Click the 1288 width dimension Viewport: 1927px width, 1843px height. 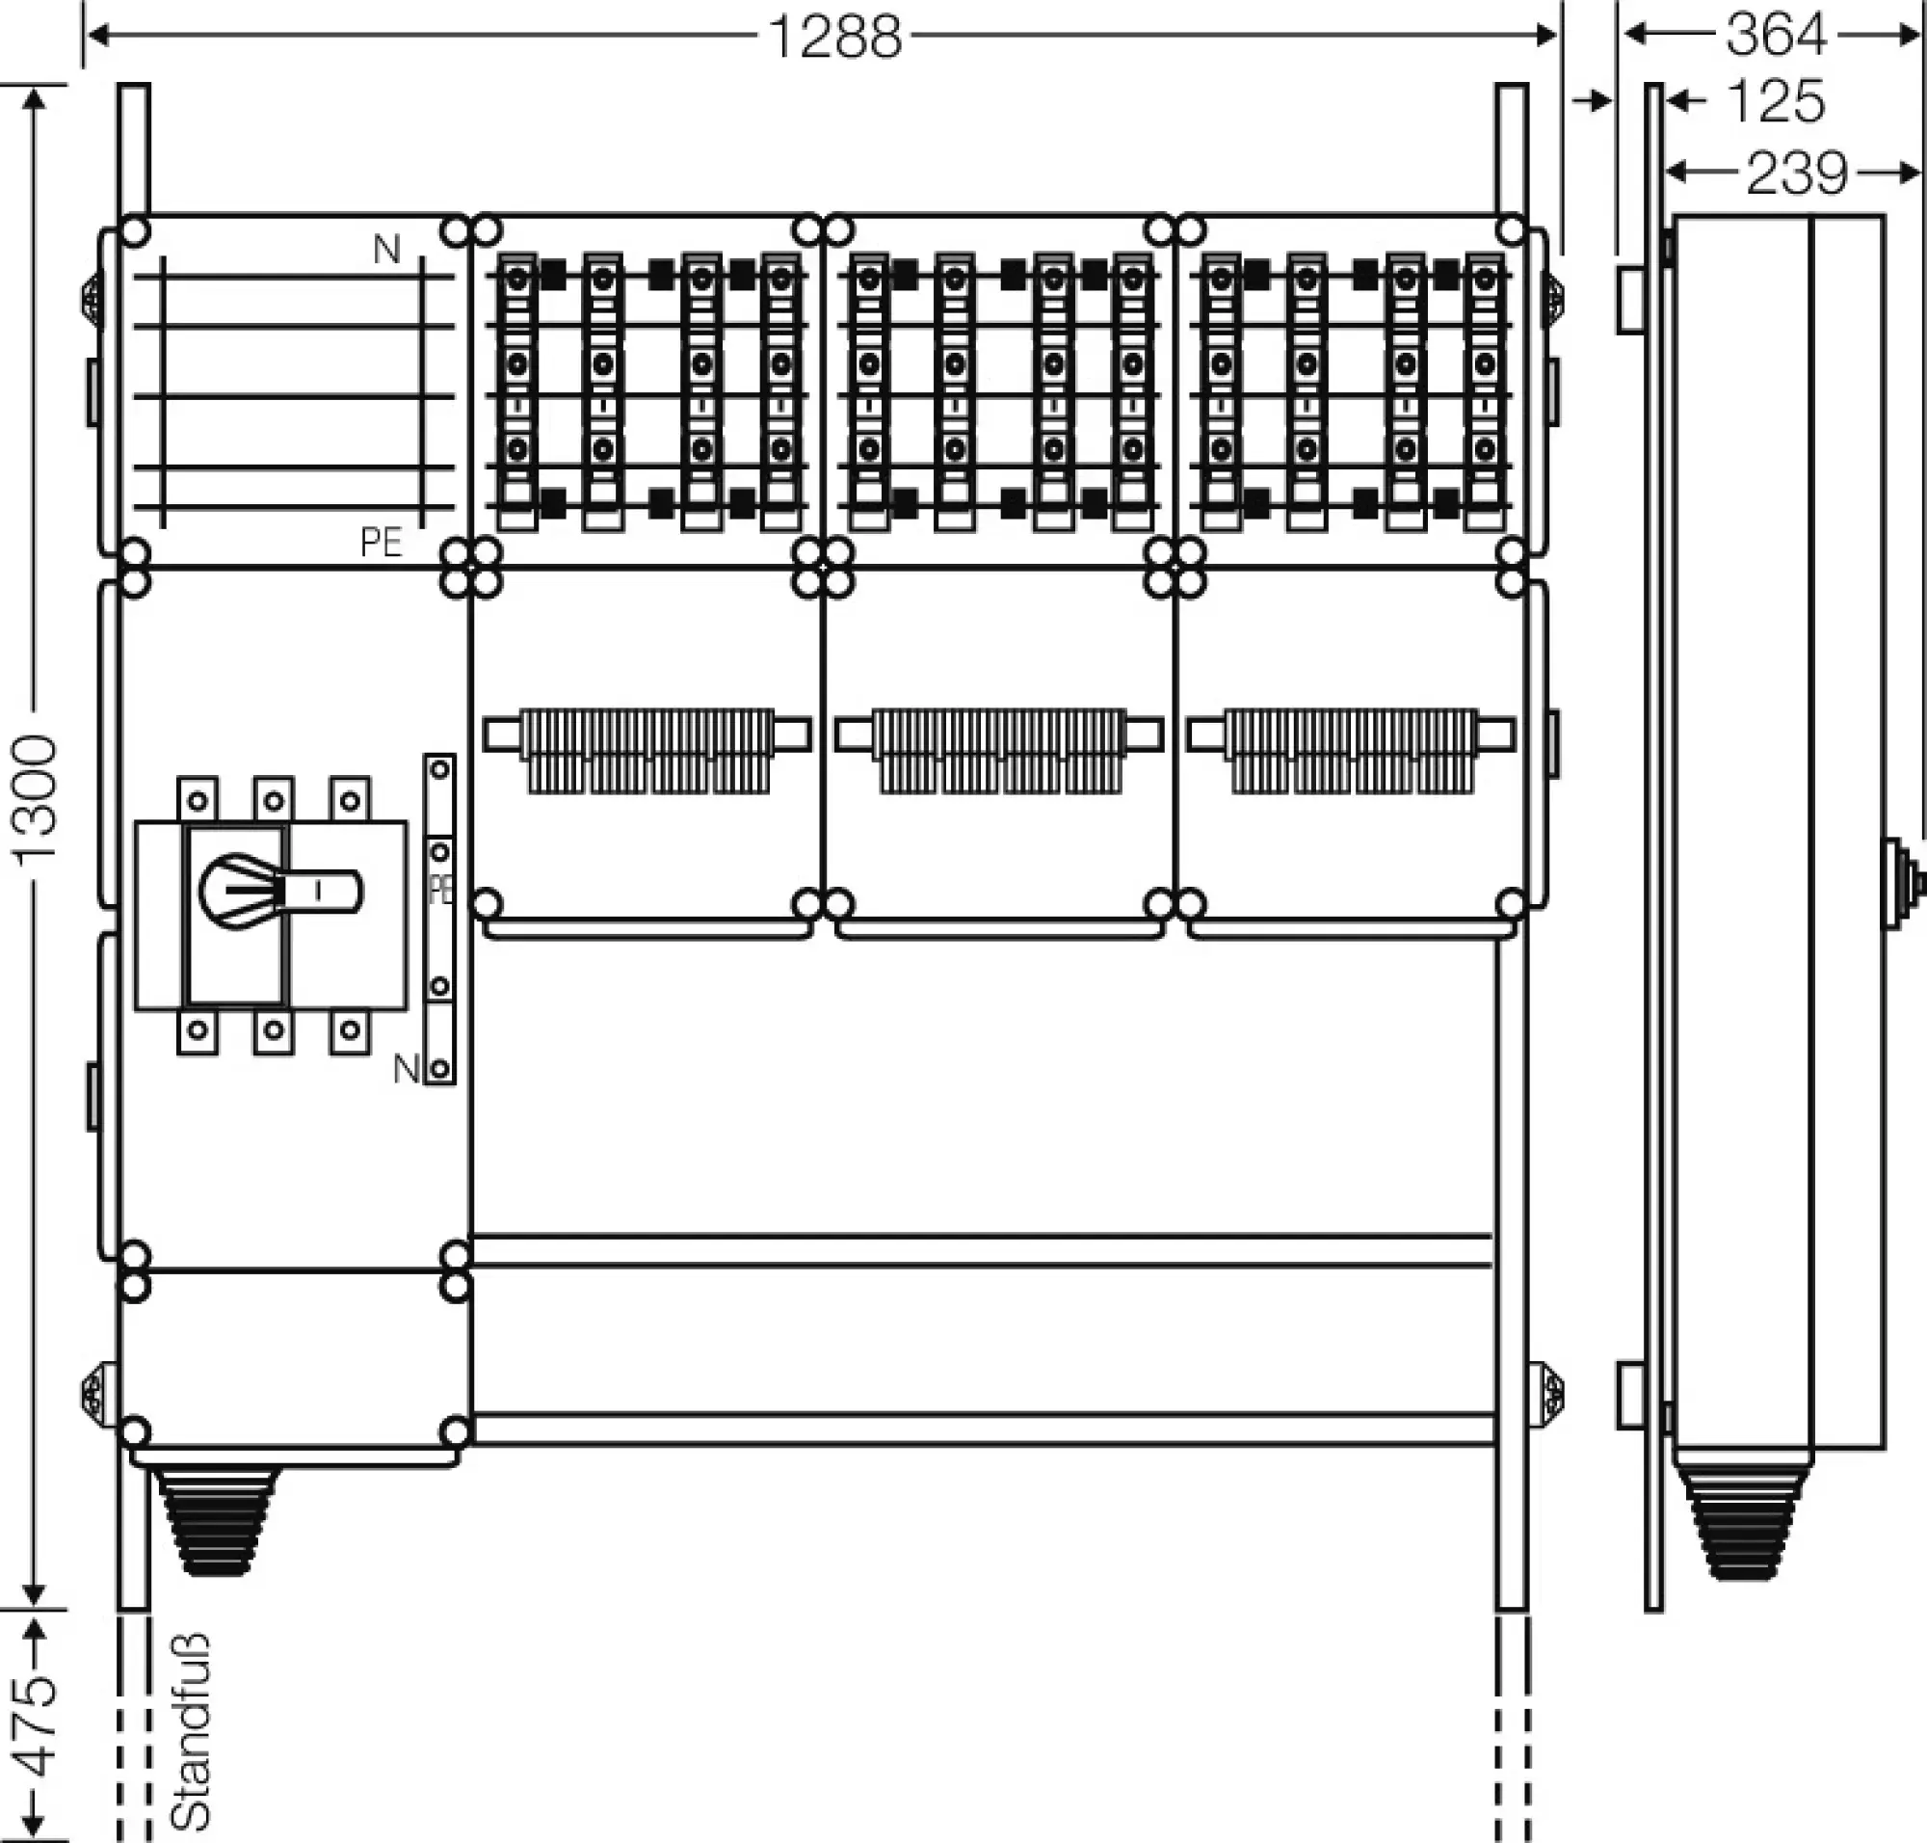tap(833, 38)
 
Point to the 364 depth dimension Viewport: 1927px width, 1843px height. tap(1776, 36)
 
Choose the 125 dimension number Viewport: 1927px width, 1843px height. tap(1775, 101)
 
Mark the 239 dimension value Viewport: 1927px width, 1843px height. tap(1796, 174)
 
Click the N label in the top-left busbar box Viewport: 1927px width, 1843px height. tap(387, 251)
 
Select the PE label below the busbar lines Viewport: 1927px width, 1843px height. tap(382, 543)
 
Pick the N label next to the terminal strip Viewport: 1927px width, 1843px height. tap(406, 1068)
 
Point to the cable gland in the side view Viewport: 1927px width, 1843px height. tap(1743, 1529)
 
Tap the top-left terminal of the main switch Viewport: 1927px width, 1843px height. tap(198, 800)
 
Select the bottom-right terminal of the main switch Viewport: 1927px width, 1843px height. tap(350, 1030)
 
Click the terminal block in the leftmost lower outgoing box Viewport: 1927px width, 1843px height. tap(647, 751)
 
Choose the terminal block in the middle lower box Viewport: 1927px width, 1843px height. tap(999, 751)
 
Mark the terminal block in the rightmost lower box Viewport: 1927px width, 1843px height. tap(1351, 751)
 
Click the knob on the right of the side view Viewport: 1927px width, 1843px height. tap(1905, 883)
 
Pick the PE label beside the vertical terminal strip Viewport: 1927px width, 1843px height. tap(441, 890)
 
